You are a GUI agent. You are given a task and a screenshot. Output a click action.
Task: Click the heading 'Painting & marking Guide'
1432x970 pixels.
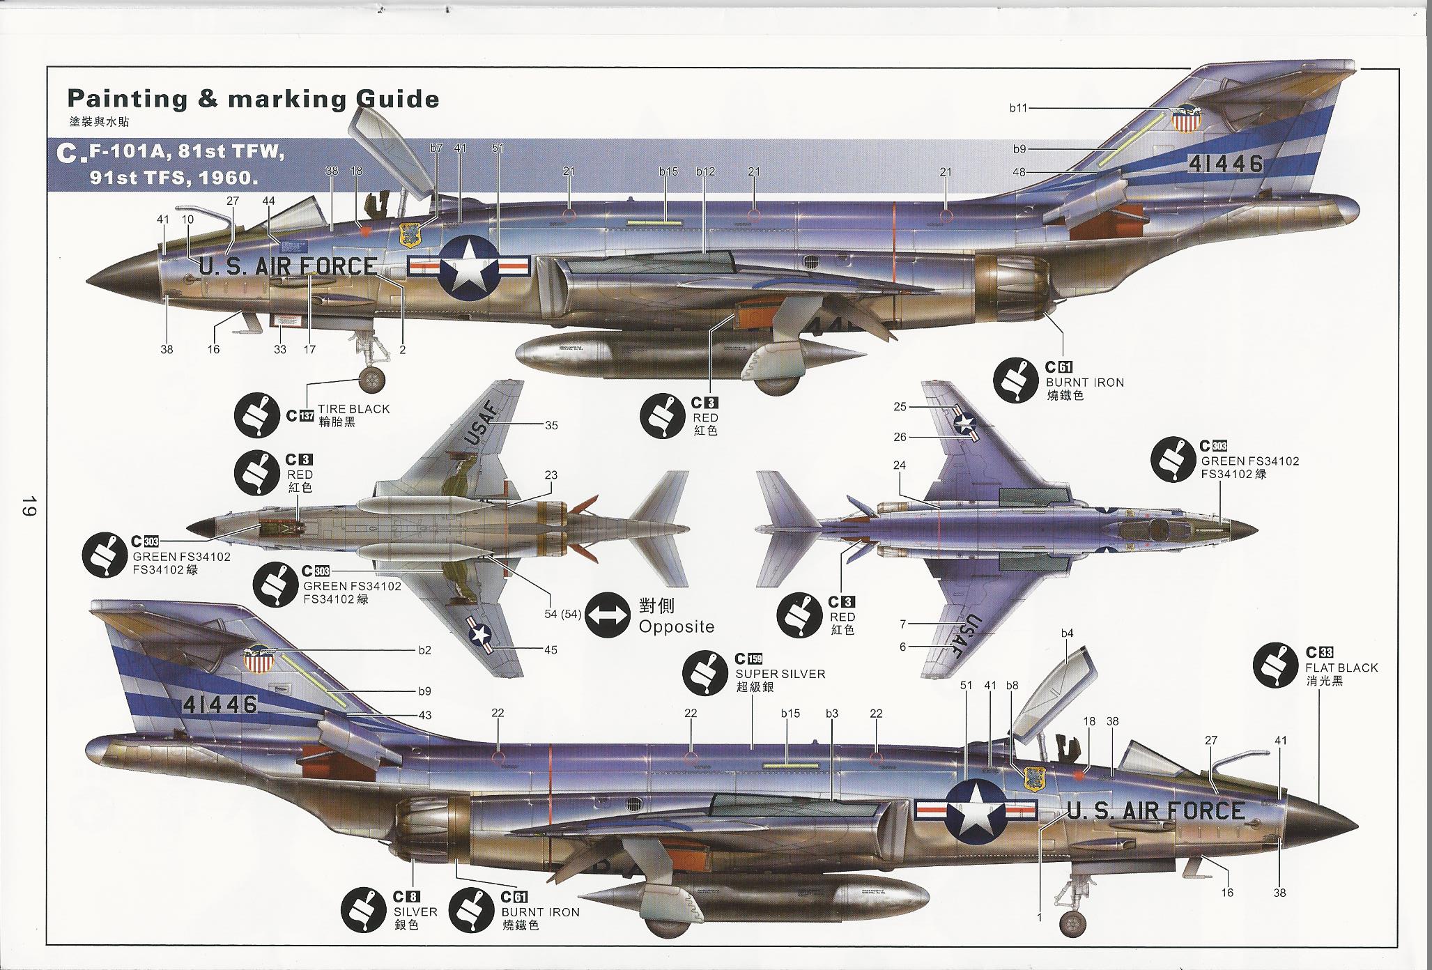(252, 100)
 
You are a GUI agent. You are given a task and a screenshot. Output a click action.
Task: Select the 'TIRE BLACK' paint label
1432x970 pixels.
(353, 409)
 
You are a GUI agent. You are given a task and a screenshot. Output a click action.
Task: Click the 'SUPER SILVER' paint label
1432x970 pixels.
(780, 674)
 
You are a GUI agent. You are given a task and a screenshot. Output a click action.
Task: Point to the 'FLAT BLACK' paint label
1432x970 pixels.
(1341, 668)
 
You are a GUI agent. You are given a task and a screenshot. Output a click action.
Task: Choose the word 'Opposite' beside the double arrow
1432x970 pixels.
(676, 626)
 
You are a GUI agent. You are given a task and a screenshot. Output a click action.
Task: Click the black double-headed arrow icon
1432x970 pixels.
(608, 616)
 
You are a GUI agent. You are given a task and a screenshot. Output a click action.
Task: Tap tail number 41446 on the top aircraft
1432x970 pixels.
(1226, 163)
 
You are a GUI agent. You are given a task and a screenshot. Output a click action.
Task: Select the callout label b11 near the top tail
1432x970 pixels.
(1018, 108)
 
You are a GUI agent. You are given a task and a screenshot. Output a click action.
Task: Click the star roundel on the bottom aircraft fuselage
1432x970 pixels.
(975, 810)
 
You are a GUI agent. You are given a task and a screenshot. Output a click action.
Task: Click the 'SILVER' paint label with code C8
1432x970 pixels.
(415, 911)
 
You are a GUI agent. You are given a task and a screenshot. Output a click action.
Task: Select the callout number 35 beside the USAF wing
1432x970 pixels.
(551, 425)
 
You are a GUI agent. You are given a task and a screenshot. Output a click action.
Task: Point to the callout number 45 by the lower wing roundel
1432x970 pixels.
(551, 649)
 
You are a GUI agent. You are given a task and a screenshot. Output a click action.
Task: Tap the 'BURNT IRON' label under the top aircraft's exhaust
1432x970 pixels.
(1084, 382)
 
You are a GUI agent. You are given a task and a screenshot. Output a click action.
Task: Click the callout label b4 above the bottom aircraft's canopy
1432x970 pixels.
(1067, 633)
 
